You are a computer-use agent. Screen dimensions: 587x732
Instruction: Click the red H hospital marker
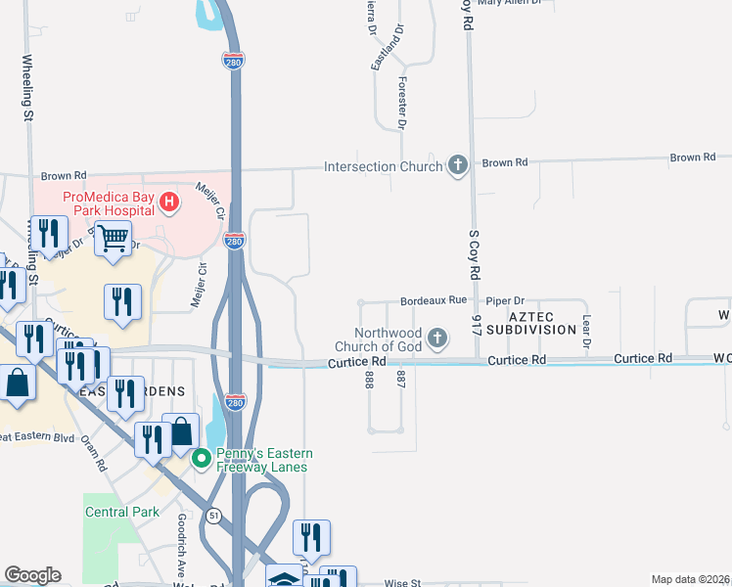[x=169, y=203]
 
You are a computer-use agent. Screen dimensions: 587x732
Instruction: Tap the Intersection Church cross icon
[x=457, y=166]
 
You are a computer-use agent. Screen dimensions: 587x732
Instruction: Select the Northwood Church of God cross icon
[x=437, y=339]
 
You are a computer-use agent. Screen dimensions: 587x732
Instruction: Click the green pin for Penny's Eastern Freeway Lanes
[x=203, y=457]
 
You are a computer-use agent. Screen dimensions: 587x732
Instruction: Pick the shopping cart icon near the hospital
[x=114, y=238]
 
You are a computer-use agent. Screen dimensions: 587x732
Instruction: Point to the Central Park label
[x=121, y=512]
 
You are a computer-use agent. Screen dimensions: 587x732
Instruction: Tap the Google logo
[x=32, y=575]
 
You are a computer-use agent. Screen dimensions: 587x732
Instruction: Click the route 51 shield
[x=213, y=516]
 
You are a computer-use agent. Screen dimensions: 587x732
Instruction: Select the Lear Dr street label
[x=587, y=332]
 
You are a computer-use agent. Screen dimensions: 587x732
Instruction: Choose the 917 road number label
[x=477, y=326]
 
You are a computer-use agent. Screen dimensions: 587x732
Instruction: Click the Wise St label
[x=401, y=583]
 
